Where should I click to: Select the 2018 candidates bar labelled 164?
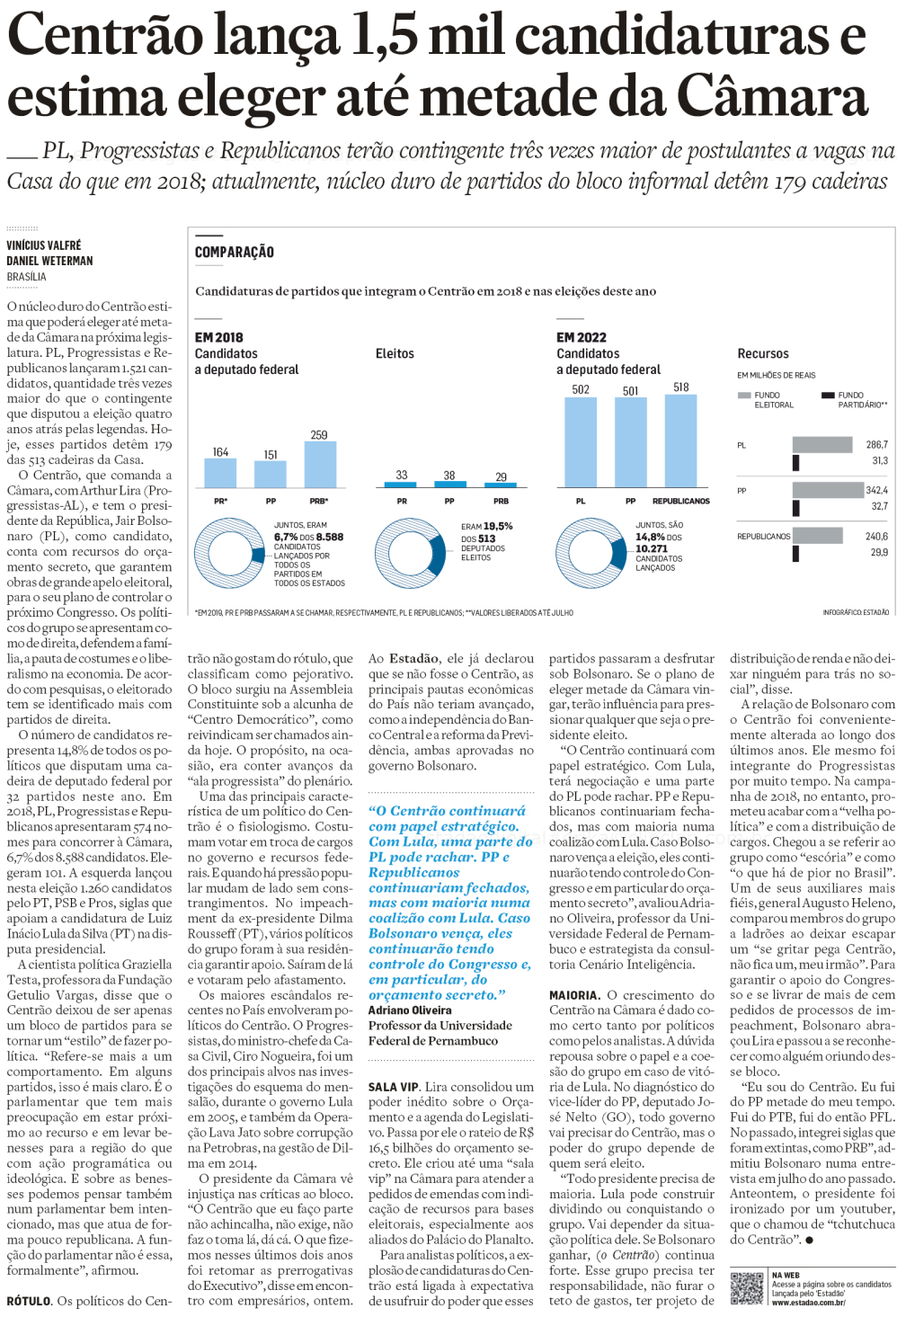[x=220, y=473]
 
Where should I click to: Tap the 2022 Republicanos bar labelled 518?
[x=681, y=441]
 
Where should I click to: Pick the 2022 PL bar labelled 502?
[x=581, y=442]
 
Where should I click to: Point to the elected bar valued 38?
[x=449, y=484]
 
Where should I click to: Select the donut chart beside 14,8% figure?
[x=590, y=554]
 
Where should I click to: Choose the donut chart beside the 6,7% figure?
[x=228, y=554]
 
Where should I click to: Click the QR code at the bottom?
[x=747, y=1288]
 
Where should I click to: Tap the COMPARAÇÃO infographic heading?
[x=235, y=253]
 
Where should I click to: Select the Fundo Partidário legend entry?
[x=854, y=399]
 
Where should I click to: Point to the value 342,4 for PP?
[x=876, y=491]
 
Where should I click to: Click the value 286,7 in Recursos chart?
[x=876, y=445]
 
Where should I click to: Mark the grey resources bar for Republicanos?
[x=817, y=536]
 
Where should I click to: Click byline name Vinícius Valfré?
[x=44, y=245]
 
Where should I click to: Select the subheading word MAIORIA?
[x=574, y=995]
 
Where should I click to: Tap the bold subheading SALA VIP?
[x=394, y=1087]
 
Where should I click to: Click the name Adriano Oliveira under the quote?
[x=410, y=1010]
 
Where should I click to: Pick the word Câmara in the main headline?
[x=771, y=97]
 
